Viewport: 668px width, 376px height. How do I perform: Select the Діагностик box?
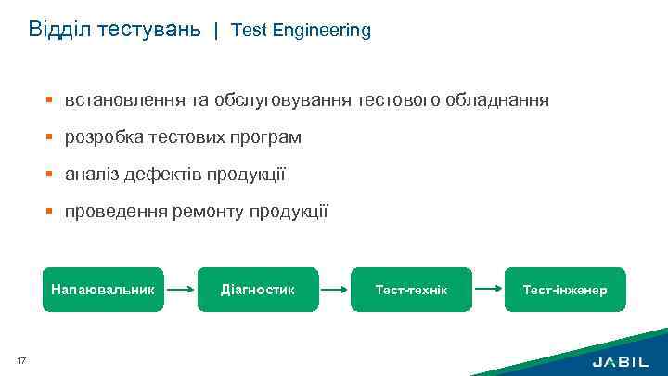coord(258,290)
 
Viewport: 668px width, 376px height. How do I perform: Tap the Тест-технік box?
coord(411,290)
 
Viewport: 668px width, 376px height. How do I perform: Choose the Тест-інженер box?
coord(564,290)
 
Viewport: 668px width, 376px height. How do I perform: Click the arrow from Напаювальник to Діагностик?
coord(182,290)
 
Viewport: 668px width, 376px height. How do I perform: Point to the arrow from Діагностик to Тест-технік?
coord(334,290)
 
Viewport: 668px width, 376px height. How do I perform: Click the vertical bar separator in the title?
coord(216,31)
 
